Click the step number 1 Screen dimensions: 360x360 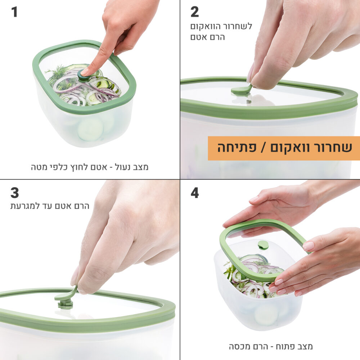[x=14, y=12]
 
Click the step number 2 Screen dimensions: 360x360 [x=194, y=12]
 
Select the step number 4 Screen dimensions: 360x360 [x=195, y=193]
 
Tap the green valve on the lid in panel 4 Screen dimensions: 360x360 [x=263, y=245]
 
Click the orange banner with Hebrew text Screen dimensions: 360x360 [x=284, y=148]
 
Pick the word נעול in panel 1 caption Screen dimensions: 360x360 [x=123, y=167]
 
